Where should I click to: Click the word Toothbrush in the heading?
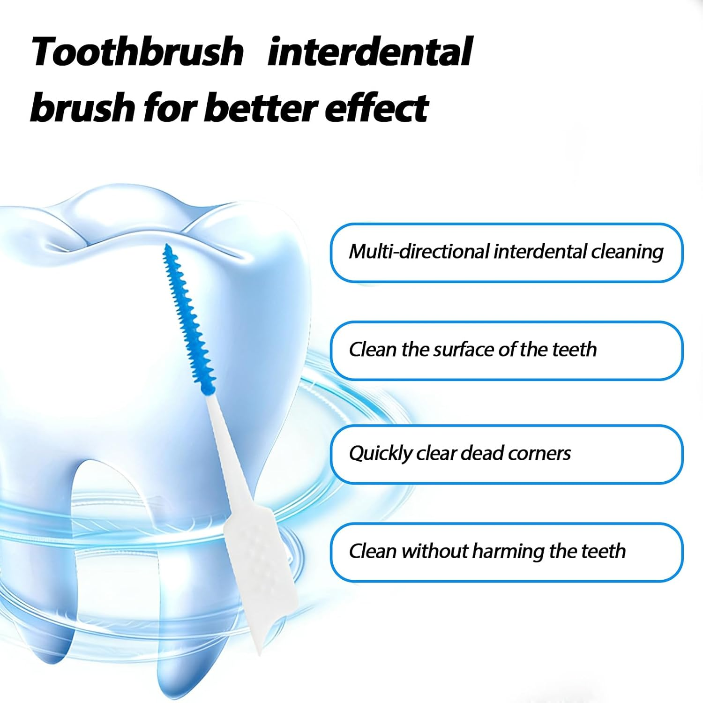click(x=137, y=52)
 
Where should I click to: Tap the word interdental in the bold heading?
click(x=369, y=52)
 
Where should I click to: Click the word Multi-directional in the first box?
click(x=419, y=252)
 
